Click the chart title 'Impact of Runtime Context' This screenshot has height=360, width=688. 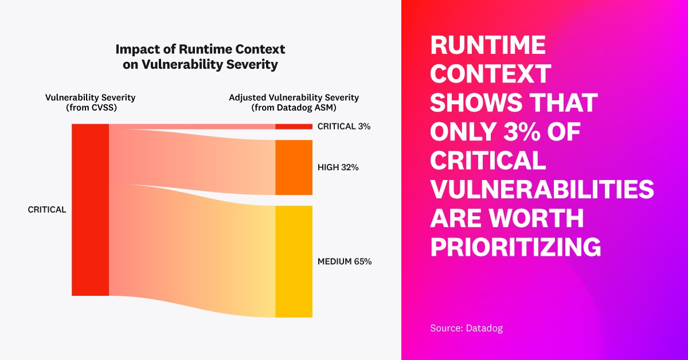[200, 49]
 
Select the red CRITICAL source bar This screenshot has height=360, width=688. [90, 209]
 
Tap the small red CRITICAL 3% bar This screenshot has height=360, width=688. [294, 126]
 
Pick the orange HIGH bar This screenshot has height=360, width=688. [294, 167]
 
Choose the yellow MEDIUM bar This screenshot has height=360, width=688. [294, 261]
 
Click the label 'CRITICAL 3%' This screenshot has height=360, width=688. [344, 127]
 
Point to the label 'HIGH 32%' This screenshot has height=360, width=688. [338, 167]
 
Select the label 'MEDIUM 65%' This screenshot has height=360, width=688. [345, 261]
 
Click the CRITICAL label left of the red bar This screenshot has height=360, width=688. [47, 210]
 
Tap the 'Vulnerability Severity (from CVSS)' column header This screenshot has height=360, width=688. [91, 102]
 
